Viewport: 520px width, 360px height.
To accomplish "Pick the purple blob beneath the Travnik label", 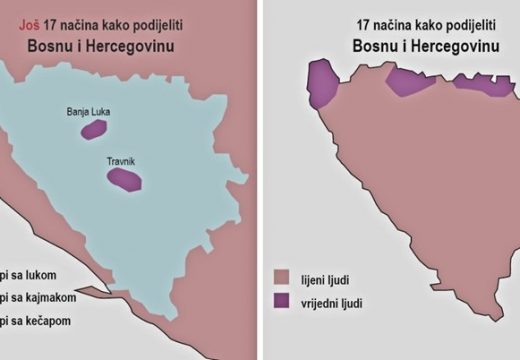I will coord(125,179).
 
